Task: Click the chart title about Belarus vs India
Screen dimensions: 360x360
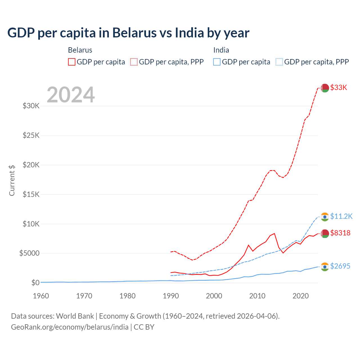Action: tap(128, 33)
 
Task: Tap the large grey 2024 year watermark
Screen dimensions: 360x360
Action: tap(71, 95)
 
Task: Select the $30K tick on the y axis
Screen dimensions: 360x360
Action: tap(31, 106)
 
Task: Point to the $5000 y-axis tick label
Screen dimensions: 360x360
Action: tap(29, 253)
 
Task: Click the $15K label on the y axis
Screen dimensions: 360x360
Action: tap(31, 194)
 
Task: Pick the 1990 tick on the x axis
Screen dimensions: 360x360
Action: tap(171, 296)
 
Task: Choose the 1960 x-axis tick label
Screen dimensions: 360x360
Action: tap(41, 296)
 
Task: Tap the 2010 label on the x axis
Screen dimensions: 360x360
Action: tap(257, 296)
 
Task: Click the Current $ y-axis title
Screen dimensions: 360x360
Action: tap(12, 180)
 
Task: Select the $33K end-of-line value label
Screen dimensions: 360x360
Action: tap(339, 87)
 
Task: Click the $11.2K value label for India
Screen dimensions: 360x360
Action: tap(341, 216)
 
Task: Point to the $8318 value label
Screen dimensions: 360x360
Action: tap(340, 233)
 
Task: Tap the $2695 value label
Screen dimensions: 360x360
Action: tap(340, 266)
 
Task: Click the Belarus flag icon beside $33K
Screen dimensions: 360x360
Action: tap(325, 88)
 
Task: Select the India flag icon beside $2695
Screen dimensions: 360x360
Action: tap(325, 267)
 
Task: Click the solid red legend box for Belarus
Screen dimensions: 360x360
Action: tap(72, 62)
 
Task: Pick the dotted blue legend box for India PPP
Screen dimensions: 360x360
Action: tap(279, 62)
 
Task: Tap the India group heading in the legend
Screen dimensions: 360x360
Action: tap(221, 50)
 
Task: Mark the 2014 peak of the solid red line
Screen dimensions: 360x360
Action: tap(274, 233)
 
